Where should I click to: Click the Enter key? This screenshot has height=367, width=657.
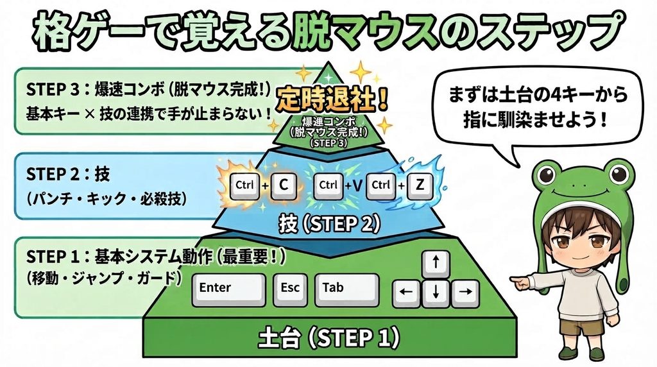pyautogui.click(x=228, y=290)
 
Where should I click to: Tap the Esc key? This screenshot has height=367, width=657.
pyautogui.click(x=290, y=290)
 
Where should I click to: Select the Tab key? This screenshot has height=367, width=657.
pyautogui.click(x=346, y=290)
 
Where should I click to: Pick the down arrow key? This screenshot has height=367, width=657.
pyautogui.click(x=436, y=294)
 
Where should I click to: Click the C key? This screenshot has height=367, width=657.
pyautogui.click(x=284, y=185)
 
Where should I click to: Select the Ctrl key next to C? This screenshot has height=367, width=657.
pyautogui.click(x=244, y=185)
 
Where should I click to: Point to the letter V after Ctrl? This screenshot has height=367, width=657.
pyautogui.click(x=357, y=185)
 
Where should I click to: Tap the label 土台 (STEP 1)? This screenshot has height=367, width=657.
pyautogui.click(x=328, y=337)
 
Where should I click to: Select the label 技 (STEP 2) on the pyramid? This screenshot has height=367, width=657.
pyautogui.click(x=330, y=224)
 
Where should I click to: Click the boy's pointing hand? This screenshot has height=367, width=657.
pyautogui.click(x=520, y=282)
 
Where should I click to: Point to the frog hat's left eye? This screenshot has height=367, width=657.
pyautogui.click(x=547, y=175)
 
